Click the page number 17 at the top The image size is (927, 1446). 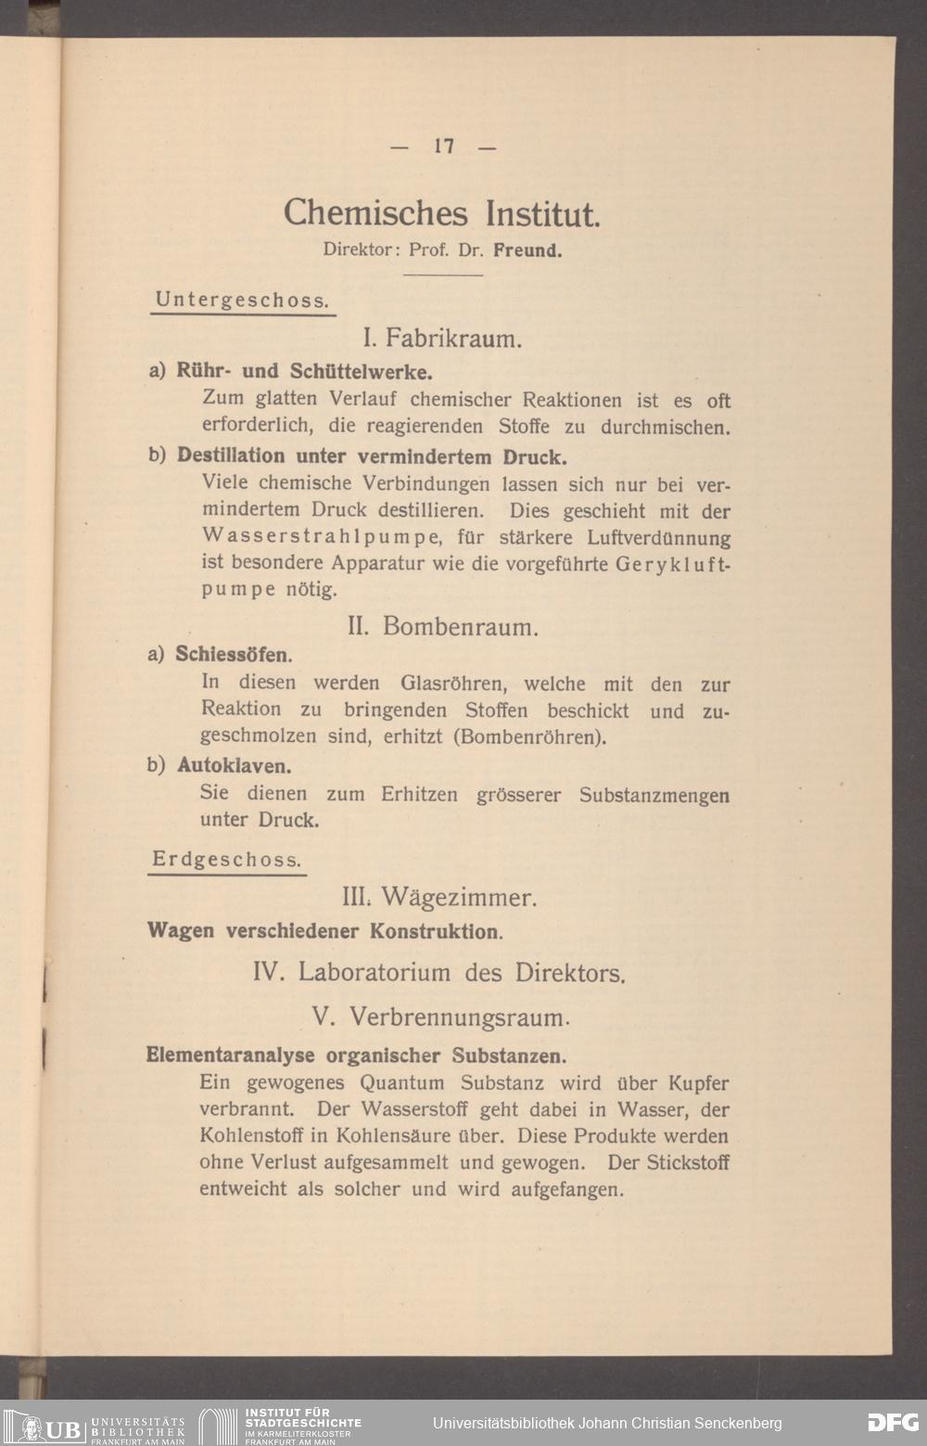(x=443, y=146)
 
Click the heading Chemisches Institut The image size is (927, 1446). (x=442, y=213)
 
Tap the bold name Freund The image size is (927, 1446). (x=527, y=250)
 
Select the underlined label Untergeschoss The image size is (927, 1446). (x=243, y=300)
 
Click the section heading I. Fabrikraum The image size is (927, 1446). (x=442, y=338)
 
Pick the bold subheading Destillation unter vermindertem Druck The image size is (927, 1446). (x=371, y=456)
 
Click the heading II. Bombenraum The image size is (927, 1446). (x=442, y=627)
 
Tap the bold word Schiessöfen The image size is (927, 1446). (x=234, y=655)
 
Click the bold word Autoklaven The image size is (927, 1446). (x=235, y=766)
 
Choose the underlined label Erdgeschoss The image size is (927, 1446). (x=227, y=860)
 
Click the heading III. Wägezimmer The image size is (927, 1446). (x=439, y=898)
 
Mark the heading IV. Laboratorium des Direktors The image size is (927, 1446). (x=439, y=973)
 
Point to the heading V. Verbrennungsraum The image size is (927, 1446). (x=440, y=1017)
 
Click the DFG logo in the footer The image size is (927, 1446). (x=893, y=1423)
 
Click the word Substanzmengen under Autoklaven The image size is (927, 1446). (x=654, y=795)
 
